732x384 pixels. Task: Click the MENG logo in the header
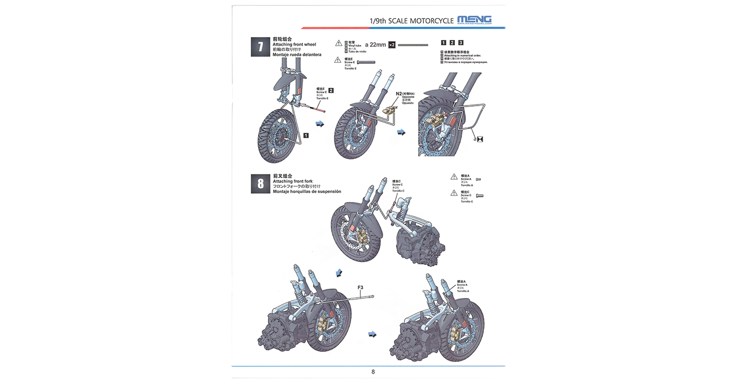pyautogui.click(x=474, y=20)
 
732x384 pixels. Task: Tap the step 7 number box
pyautogui.click(x=260, y=47)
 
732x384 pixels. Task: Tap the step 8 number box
pyautogui.click(x=260, y=184)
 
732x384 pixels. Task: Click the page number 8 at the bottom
pyautogui.click(x=373, y=372)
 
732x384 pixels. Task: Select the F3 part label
pyautogui.click(x=360, y=287)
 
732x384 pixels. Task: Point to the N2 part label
pyautogui.click(x=399, y=94)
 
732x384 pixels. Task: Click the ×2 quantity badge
pyautogui.click(x=392, y=45)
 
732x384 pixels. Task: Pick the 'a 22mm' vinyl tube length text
pyautogui.click(x=375, y=45)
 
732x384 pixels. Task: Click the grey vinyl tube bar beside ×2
pyautogui.click(x=413, y=45)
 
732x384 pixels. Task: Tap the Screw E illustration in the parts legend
pyautogui.click(x=366, y=62)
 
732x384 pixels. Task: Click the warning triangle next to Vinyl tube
pyautogui.click(x=338, y=43)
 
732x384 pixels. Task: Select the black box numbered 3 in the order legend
pyautogui.click(x=460, y=42)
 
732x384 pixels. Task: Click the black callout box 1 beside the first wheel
pyautogui.click(x=306, y=136)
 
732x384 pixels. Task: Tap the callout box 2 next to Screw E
pyautogui.click(x=331, y=91)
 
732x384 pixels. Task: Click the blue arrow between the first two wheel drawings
pyautogui.click(x=320, y=124)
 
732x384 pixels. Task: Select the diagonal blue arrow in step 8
pyautogui.click(x=339, y=273)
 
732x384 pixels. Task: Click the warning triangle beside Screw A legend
pyautogui.click(x=454, y=177)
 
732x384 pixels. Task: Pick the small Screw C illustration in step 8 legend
pyautogui.click(x=479, y=196)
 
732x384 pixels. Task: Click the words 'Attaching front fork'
pyautogui.click(x=293, y=181)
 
